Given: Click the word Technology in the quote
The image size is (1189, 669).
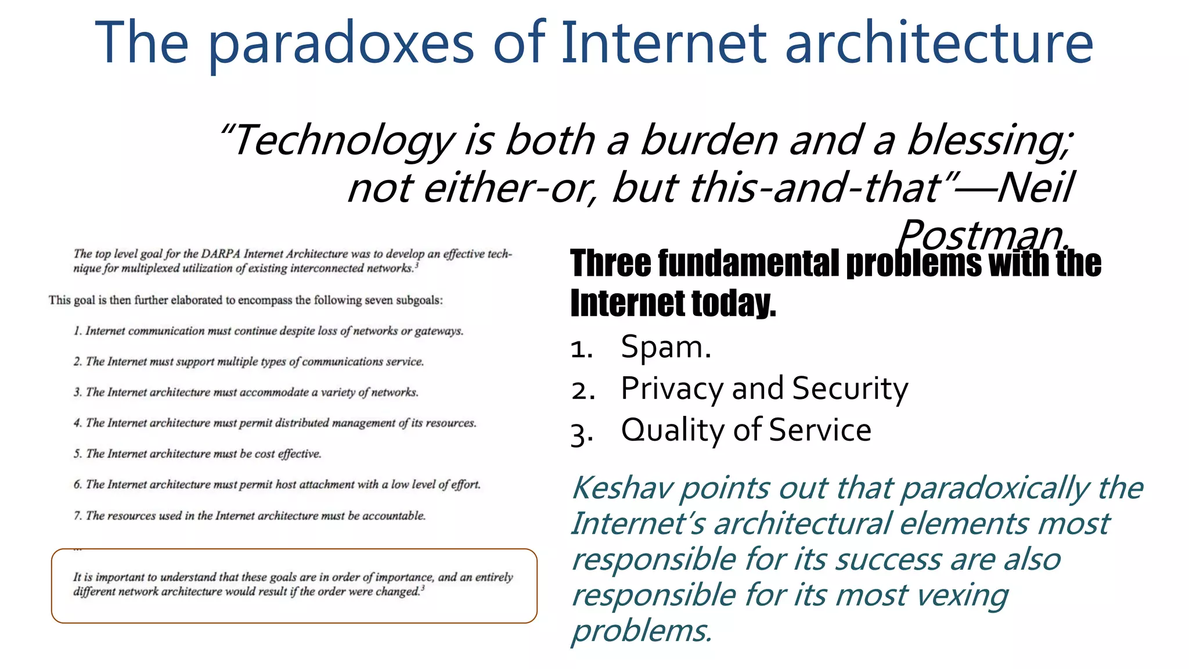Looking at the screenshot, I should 343,141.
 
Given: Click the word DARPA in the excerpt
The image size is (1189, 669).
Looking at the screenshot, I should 221,254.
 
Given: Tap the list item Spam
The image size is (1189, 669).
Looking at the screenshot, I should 665,347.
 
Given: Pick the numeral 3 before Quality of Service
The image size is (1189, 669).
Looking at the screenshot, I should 578,433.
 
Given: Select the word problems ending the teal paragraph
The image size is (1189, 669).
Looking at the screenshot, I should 641,631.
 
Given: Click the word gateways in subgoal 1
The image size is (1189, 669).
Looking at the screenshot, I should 439,331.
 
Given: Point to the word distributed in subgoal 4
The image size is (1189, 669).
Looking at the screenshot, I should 301,423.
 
